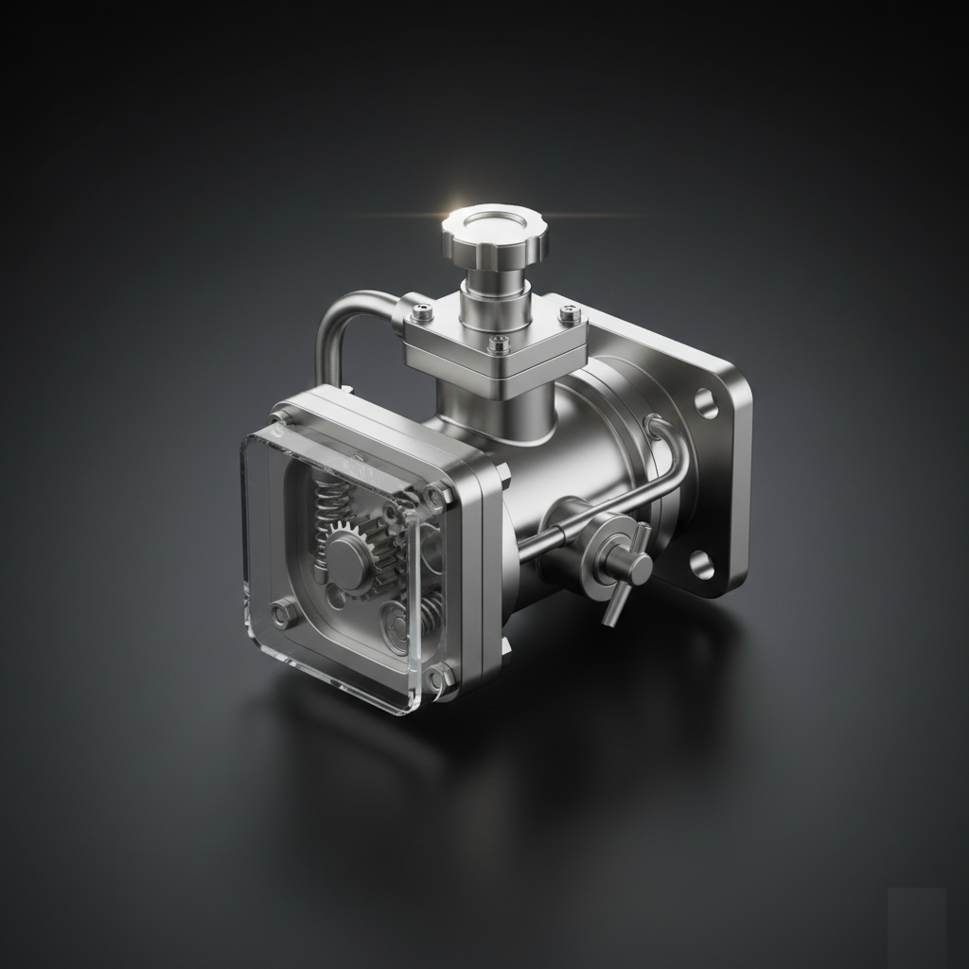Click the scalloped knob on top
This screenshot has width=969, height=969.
(494, 235)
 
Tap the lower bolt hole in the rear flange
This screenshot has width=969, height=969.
(701, 565)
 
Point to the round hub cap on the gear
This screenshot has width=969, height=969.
(348, 551)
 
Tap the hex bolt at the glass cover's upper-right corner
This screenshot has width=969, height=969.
(435, 494)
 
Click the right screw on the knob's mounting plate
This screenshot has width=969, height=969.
(568, 311)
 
